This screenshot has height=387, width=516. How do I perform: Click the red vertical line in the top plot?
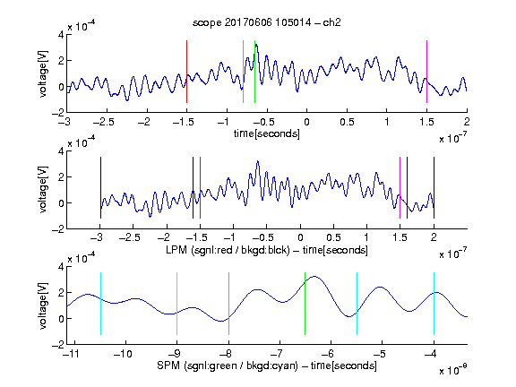point(186,72)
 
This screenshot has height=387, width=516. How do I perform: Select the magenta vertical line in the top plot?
point(426,72)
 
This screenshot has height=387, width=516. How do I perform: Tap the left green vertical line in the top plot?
point(243,72)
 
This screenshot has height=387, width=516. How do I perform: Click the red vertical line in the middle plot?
point(200,187)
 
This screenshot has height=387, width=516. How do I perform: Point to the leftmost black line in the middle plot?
point(100,187)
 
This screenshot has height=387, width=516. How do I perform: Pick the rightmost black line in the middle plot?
point(434,187)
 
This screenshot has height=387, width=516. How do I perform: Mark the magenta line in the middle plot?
point(400,187)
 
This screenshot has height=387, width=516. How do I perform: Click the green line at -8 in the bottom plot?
point(228,304)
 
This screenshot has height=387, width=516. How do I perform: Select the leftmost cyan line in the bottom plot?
point(100,304)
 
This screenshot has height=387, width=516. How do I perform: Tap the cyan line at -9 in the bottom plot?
point(177,304)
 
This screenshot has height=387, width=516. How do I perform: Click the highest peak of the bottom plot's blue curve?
point(314,277)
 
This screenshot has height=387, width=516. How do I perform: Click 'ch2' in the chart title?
point(331,22)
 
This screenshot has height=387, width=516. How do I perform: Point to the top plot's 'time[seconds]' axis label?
point(267,133)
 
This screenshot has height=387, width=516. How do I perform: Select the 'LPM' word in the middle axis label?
point(176,250)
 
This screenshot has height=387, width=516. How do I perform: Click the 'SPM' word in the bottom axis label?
point(168,365)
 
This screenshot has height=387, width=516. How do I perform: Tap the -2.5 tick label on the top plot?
point(103,122)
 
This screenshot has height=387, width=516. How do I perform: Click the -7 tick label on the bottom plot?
point(279,354)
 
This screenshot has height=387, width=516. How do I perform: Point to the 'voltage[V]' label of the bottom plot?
point(43,305)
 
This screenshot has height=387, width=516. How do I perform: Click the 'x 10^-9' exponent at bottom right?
point(453,370)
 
